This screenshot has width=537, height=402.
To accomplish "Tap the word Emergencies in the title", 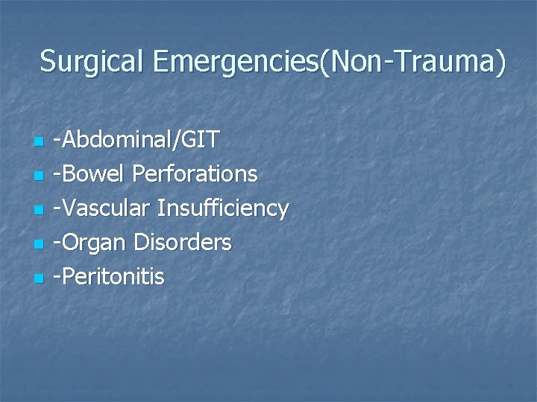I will (x=235, y=62).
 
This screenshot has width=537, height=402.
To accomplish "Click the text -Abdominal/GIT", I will (x=140, y=140).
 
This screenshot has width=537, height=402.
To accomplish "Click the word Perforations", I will (x=195, y=174).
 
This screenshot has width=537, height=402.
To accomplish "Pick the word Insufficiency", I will (x=223, y=208).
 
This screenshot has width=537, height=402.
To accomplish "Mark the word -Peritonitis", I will (x=113, y=277).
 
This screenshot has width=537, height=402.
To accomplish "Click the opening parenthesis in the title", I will (x=323, y=63).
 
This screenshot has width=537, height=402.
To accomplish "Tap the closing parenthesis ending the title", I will (x=500, y=63).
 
